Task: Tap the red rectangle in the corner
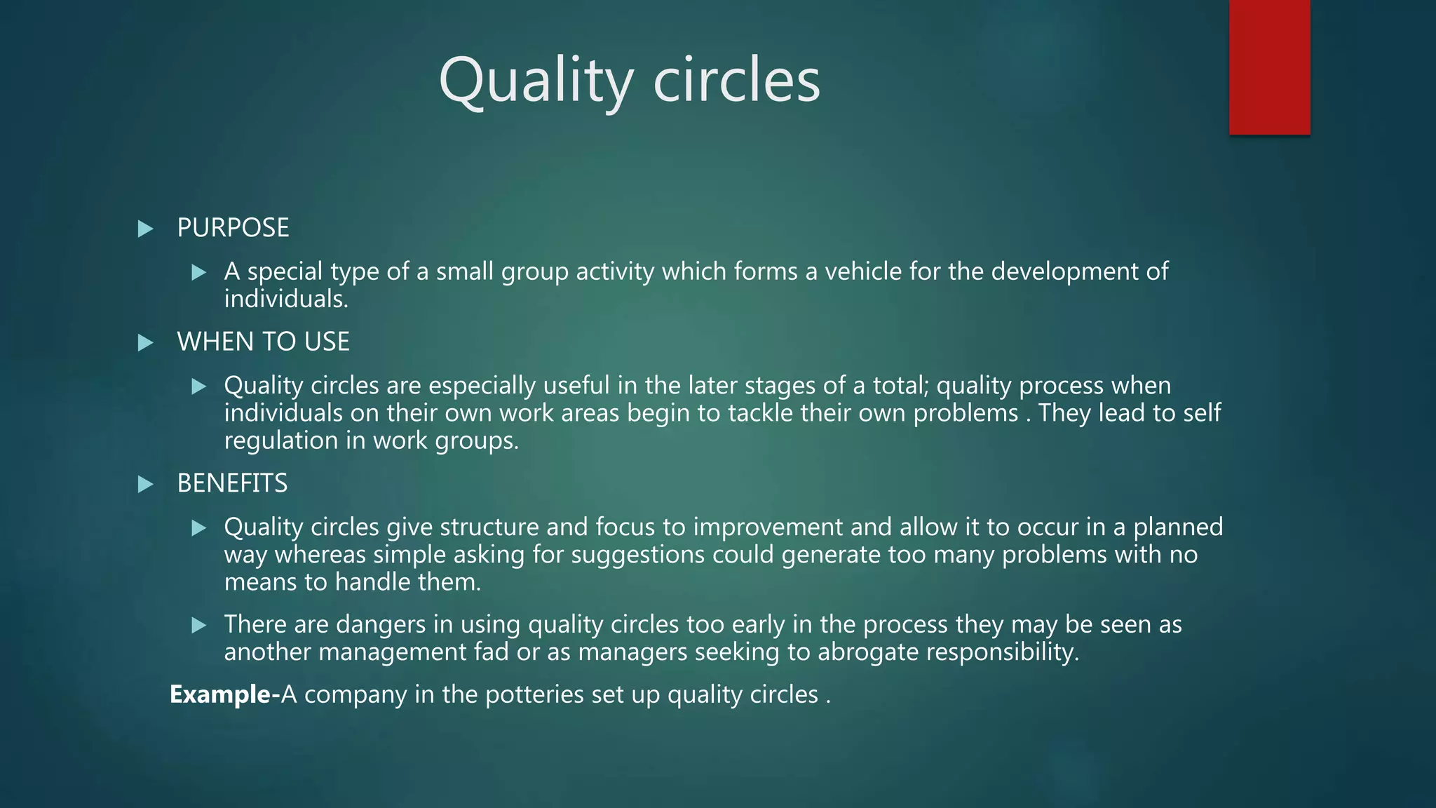1269,67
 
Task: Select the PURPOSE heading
233,228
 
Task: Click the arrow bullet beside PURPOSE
145,229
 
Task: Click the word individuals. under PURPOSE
286,299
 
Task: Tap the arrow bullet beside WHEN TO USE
145,343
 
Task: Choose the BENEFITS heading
232,483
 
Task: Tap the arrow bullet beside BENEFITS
145,484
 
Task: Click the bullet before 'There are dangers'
199,625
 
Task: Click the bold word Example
220,694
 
